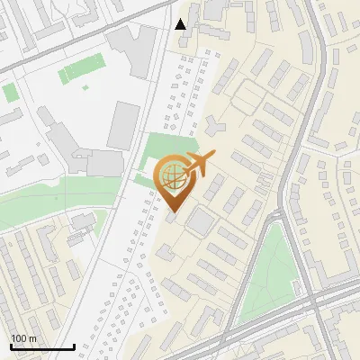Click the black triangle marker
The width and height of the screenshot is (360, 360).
pyautogui.click(x=181, y=24)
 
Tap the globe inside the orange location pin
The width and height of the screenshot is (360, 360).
pyautogui.click(x=172, y=175)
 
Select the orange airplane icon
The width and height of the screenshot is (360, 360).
pyautogui.click(x=198, y=163)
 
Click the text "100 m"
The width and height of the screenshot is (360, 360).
pyautogui.click(x=23, y=338)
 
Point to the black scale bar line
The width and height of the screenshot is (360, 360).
pyautogui.click(x=42, y=346)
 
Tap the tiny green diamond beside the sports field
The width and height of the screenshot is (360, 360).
pyautogui.click(x=85, y=88)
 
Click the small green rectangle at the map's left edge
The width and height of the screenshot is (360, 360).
pyautogui.click(x=9, y=92)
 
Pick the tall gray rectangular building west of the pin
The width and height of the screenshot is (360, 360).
pyautogui.click(x=124, y=125)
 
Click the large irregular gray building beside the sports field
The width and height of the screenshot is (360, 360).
pyautogui.click(x=130, y=49)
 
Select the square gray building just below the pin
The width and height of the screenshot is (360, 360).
pyautogui.click(x=201, y=220)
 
